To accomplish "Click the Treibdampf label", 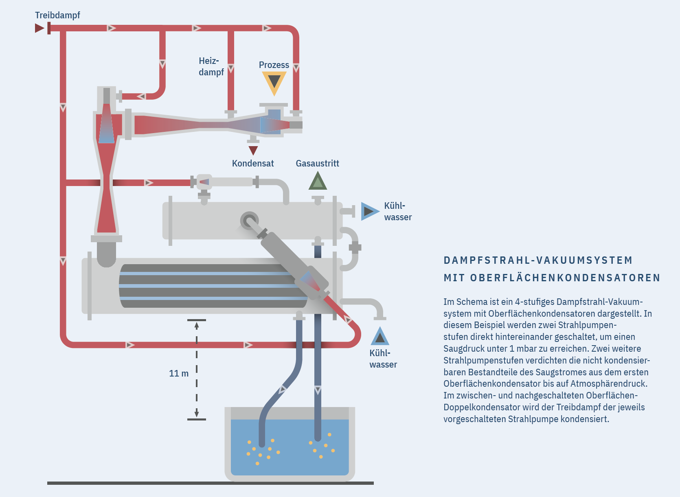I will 57,15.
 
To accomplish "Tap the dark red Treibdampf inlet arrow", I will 39,28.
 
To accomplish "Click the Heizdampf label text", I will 211,66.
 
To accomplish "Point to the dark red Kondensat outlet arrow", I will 253,150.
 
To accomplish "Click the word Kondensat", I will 252,163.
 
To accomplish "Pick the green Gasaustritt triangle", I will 318,182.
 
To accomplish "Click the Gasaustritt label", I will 317,163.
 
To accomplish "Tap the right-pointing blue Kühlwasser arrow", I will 369,211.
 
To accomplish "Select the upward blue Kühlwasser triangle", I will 380,337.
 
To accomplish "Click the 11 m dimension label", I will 179,373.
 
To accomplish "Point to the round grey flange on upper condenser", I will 248,220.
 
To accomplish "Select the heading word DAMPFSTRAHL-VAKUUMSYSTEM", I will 538,260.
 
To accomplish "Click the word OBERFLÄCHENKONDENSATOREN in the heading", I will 565,278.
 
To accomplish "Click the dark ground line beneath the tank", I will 210,483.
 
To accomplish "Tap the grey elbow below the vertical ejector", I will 106,254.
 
